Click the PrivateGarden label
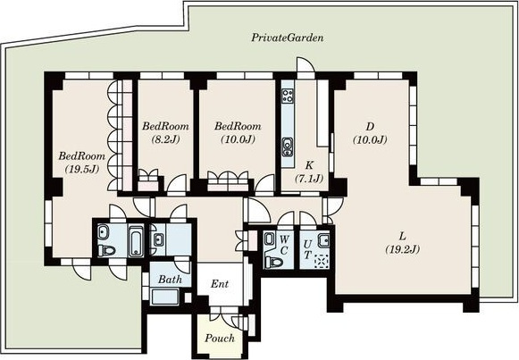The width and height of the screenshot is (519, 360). (288, 38)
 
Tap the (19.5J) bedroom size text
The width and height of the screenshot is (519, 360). (82, 170)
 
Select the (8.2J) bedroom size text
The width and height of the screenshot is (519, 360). (165, 139)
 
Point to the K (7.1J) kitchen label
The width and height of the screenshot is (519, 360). (309, 172)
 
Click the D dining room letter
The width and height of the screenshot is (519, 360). (370, 126)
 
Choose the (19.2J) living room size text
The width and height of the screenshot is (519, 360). (403, 249)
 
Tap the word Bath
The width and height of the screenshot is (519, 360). (170, 280)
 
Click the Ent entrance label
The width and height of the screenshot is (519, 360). (220, 284)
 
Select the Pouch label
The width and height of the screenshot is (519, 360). (220, 339)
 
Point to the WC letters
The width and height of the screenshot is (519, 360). (284, 245)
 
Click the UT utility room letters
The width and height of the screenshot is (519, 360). (307, 249)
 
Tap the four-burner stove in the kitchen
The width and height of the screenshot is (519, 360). (288, 96)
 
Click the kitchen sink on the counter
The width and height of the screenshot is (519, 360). (288, 147)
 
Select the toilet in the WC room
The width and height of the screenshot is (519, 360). (273, 263)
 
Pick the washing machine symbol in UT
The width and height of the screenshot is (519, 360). (321, 262)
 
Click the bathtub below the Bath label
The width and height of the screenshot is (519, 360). (164, 297)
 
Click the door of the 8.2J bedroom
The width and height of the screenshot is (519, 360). (177, 184)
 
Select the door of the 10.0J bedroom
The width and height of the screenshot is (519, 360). (264, 184)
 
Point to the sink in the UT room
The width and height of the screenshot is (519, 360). (323, 239)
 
